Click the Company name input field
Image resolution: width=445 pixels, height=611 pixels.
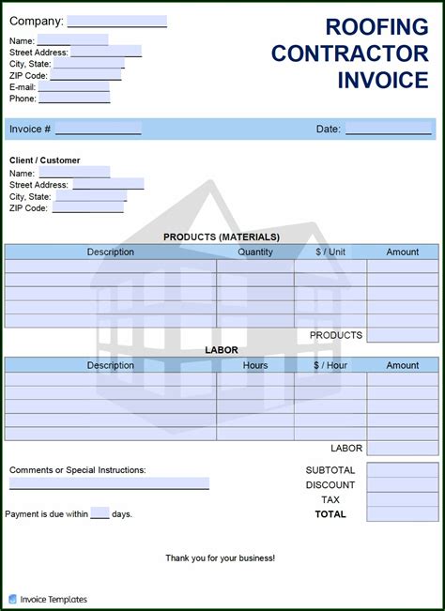click(x=116, y=21)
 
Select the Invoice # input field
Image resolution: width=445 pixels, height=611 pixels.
click(x=98, y=129)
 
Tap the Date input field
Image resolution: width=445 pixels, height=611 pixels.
click(x=388, y=129)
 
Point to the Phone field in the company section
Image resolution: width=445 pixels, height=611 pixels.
click(x=74, y=98)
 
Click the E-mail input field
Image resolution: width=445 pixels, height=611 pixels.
click(x=73, y=86)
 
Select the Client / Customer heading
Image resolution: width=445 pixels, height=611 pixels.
click(x=45, y=160)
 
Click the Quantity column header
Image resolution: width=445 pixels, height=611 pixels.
click(x=255, y=252)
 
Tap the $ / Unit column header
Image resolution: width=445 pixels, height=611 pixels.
click(x=330, y=252)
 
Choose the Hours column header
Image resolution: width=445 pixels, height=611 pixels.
click(x=255, y=365)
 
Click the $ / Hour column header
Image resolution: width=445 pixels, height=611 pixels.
click(x=330, y=365)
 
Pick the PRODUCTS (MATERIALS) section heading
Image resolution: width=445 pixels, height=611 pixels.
click(x=222, y=237)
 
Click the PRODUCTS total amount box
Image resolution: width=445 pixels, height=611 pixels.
click(x=402, y=335)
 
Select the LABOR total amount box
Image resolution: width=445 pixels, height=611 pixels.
click(x=402, y=449)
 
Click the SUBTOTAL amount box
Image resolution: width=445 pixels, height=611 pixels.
click(x=402, y=470)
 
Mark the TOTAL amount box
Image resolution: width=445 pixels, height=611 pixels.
click(x=402, y=514)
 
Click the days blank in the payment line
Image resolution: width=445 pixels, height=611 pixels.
click(x=100, y=513)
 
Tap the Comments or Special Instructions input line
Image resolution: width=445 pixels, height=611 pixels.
click(x=109, y=483)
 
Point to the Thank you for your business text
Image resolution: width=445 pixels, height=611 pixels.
click(x=221, y=558)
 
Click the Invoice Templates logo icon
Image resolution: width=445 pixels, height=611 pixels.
click(x=12, y=599)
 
